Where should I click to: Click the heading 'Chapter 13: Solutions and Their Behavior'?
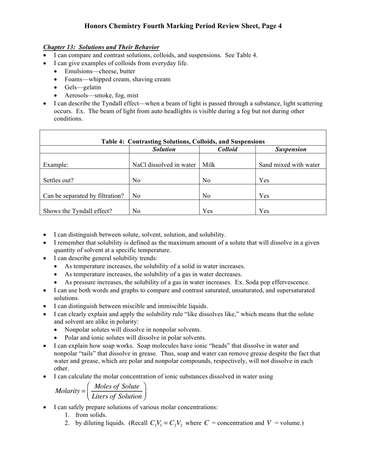pyautogui.click(x=101, y=47)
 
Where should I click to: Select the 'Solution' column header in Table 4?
pyautogui.click(x=164, y=150)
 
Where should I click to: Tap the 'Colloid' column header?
pyautogui.click(x=227, y=150)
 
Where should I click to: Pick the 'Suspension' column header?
pyautogui.click(x=291, y=150)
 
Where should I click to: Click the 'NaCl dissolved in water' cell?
pyautogui.click(x=164, y=165)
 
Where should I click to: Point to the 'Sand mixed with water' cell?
pyautogui.click(x=289, y=165)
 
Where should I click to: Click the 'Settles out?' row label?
pyautogui.click(x=59, y=180)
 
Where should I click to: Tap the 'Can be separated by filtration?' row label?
pyautogui.click(x=83, y=196)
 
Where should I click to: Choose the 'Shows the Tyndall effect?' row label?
pyautogui.click(x=77, y=211)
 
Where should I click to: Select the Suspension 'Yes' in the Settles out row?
pyautogui.click(x=264, y=180)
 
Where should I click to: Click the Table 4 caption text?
pyautogui.click(x=183, y=141)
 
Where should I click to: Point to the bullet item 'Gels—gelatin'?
pyautogui.click(x=83, y=87)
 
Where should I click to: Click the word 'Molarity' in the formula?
pyautogui.click(x=67, y=391)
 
